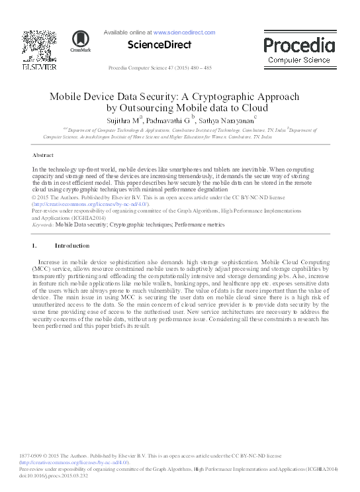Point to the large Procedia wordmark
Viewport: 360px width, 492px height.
pos(299,45)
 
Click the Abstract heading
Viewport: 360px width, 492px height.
pos(43,155)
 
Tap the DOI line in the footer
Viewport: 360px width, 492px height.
pos(54,475)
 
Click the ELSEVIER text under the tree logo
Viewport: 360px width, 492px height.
pos(40,67)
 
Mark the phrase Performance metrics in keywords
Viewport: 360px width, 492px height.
pos(199,225)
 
